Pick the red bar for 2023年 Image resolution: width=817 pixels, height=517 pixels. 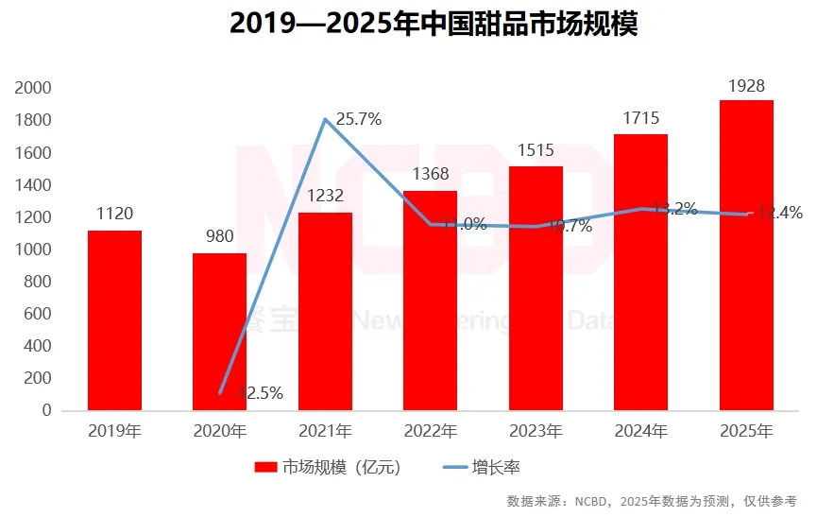click(536, 288)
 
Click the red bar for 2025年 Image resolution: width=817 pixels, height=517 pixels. click(746, 255)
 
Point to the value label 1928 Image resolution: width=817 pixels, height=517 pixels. click(746, 86)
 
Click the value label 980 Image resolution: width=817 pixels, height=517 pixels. click(219, 237)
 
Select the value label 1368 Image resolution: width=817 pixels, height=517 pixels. click(430, 175)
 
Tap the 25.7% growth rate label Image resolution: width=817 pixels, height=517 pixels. click(358, 119)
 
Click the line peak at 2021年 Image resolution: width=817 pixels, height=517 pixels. click(326, 119)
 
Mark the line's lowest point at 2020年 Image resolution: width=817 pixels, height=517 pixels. click(220, 391)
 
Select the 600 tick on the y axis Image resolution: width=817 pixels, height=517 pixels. click(38, 314)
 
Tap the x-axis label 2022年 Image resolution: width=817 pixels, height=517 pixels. click(430, 432)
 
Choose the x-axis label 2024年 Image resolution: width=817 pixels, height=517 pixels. click(640, 432)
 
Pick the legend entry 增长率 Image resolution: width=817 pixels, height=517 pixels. click(494, 467)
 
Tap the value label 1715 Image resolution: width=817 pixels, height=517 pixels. click(640, 119)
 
